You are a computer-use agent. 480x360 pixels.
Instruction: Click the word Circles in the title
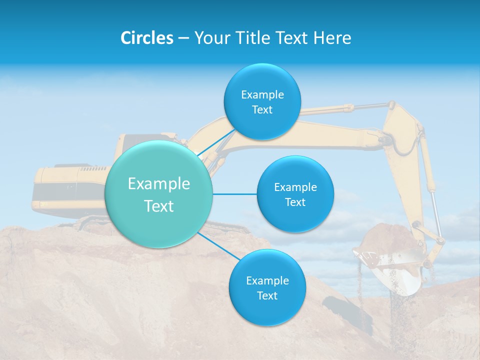click(147, 38)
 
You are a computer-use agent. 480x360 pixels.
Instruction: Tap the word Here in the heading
click(332, 38)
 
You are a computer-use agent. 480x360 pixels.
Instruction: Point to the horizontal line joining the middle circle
click(234, 194)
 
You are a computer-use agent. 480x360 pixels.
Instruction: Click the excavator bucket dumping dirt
click(390, 255)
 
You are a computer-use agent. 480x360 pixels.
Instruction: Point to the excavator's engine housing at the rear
click(70, 187)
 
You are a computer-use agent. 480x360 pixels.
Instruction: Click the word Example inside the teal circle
click(158, 184)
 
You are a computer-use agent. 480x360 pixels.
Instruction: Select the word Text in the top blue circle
click(262, 110)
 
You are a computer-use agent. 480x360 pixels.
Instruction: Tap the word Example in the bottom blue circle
click(267, 280)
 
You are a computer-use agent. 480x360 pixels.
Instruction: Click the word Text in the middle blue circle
click(295, 202)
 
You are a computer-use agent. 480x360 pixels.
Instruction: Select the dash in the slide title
click(183, 38)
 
